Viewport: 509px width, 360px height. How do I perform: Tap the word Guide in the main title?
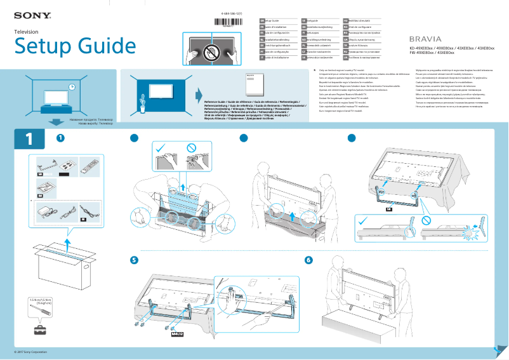tap(91, 46)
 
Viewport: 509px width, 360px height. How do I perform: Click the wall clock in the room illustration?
tap(72, 87)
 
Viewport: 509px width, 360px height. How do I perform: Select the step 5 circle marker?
tap(134, 260)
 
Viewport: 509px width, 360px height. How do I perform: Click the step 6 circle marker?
tap(309, 260)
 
